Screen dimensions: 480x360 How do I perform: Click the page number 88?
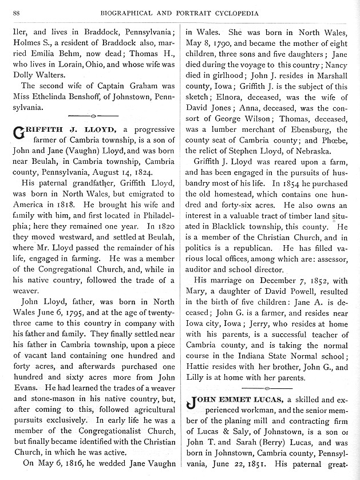(x=17, y=13)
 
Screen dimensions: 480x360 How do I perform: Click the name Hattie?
(x=208, y=367)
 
